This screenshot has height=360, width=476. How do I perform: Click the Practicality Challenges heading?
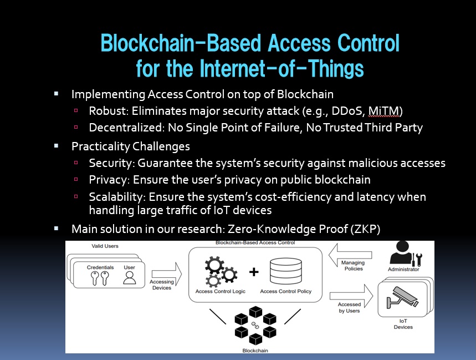[131, 146]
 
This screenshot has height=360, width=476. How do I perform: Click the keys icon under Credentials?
[100, 278]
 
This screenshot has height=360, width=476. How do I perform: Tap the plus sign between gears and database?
[254, 272]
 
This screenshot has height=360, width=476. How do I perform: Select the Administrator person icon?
[403, 253]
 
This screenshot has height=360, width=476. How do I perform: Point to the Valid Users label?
[105, 246]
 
